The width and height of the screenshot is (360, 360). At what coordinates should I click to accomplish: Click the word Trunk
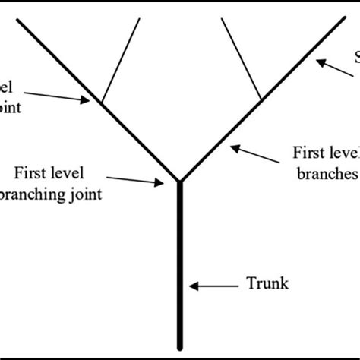[x=267, y=286]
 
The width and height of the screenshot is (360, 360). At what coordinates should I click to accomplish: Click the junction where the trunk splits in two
[x=180, y=182]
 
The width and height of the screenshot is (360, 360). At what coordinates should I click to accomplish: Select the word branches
[x=326, y=173]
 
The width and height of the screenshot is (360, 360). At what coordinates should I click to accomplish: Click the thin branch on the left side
[x=121, y=61]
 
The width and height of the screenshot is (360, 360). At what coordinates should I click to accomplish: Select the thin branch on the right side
[x=242, y=61]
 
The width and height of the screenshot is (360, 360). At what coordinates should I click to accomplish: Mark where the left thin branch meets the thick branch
[x=101, y=102]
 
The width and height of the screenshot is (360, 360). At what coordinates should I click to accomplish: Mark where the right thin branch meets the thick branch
[x=261, y=101]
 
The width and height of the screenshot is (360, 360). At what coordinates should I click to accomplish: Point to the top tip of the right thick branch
[x=344, y=17]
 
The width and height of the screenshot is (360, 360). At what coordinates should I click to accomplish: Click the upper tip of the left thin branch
[x=140, y=18]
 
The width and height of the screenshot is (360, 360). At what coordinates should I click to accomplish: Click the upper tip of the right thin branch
[x=222, y=18]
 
